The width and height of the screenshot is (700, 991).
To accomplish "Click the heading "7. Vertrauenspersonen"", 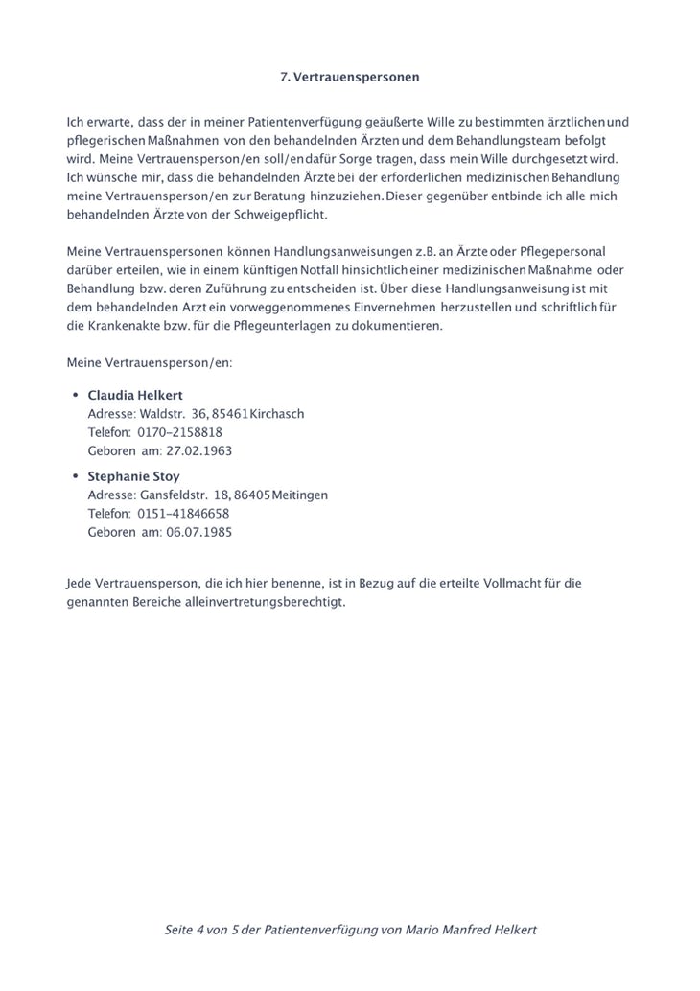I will (349, 77).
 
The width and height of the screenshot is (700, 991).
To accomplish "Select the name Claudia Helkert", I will (134, 395).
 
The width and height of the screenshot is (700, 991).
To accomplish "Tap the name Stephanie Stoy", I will (133, 476).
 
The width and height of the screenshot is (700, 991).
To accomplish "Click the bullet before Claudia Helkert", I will (75, 395).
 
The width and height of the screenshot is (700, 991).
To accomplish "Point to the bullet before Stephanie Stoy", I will (75, 476).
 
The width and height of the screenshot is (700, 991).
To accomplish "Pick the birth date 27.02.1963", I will (199, 450).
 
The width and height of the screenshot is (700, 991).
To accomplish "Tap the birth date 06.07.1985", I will (199, 532).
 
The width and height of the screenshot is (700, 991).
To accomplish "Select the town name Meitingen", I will (300, 495).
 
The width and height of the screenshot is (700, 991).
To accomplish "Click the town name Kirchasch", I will (277, 414).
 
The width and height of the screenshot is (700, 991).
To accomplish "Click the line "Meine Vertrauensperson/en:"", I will (150, 363).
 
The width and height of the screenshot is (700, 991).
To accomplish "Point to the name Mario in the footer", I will (426, 930).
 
